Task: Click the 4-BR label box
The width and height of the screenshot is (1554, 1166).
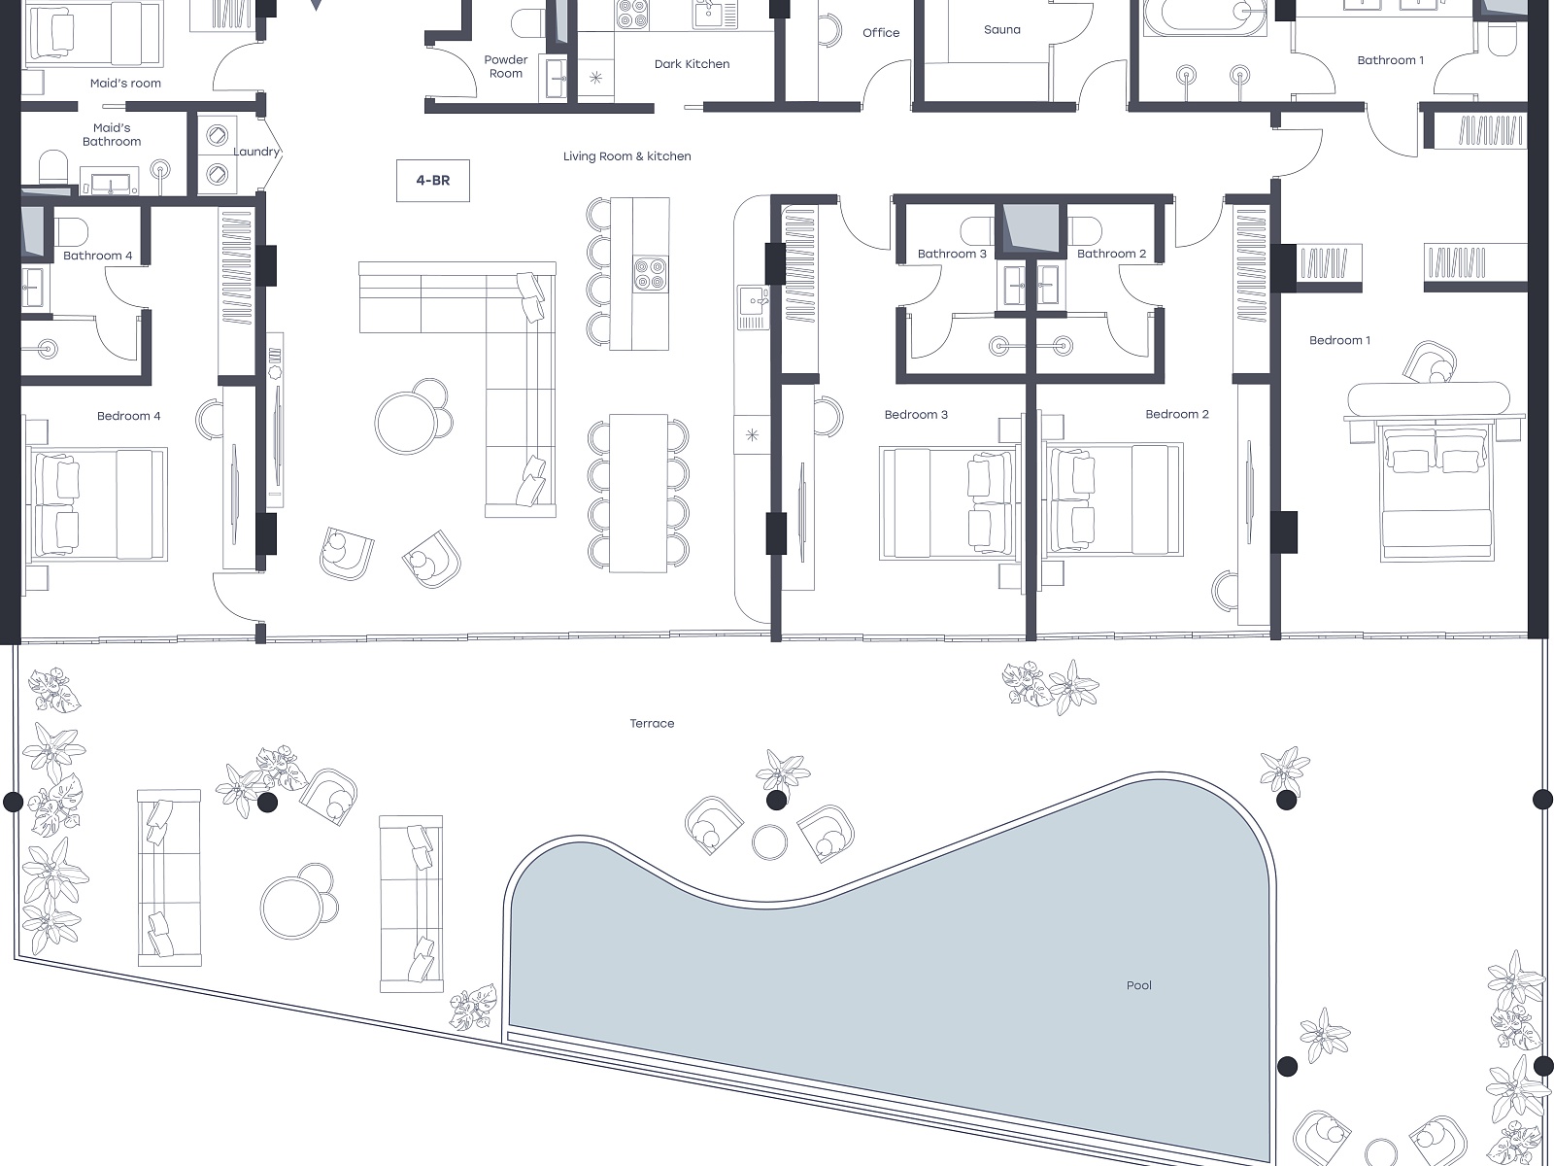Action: click(432, 181)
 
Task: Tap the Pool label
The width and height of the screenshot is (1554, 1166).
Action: click(1138, 984)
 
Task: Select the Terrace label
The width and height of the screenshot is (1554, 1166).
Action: click(652, 723)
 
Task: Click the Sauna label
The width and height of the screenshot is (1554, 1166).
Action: click(1001, 30)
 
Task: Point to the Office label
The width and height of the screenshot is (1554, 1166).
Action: click(881, 33)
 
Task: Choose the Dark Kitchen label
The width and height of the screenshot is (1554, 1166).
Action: click(692, 64)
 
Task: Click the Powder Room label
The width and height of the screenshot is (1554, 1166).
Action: click(505, 66)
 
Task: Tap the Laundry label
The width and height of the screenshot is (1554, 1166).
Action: click(256, 152)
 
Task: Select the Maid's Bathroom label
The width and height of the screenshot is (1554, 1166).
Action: click(112, 134)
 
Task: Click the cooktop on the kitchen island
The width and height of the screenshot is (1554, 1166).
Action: click(650, 273)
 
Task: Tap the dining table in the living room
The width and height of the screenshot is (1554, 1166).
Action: click(638, 493)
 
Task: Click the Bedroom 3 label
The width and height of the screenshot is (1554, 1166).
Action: click(916, 414)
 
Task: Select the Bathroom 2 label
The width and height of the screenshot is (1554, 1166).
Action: click(1111, 254)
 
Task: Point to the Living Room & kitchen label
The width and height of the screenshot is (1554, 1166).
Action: click(626, 156)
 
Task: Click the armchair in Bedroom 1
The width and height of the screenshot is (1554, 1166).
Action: click(1430, 362)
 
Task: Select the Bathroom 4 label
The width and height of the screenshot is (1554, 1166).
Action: click(98, 256)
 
